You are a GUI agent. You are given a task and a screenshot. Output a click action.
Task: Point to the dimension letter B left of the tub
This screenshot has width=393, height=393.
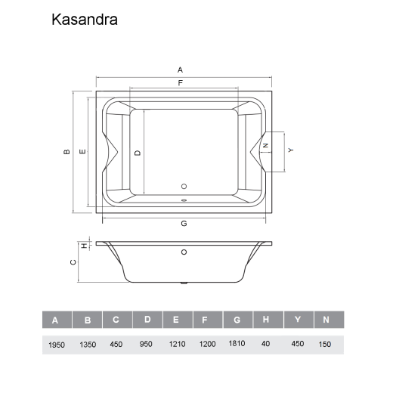pyautogui.click(x=67, y=151)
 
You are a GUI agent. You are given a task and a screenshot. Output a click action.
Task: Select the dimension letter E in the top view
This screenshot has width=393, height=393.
pyautogui.click(x=82, y=151)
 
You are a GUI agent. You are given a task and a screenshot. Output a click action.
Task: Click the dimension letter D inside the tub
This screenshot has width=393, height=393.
pyautogui.click(x=137, y=152)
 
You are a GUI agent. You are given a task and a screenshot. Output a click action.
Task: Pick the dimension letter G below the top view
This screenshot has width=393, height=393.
pyautogui.click(x=184, y=224)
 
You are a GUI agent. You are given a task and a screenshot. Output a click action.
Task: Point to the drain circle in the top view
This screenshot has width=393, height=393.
pyautogui.click(x=184, y=185)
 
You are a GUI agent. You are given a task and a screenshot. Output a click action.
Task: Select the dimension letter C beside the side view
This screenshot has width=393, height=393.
pyautogui.click(x=72, y=262)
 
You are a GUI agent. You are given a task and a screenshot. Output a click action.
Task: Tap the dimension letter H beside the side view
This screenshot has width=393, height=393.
pyautogui.click(x=82, y=246)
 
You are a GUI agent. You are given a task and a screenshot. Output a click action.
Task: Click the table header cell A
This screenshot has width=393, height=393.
pyautogui.click(x=55, y=320)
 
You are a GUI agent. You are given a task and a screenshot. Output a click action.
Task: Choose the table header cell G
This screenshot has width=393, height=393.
pyautogui.click(x=237, y=320)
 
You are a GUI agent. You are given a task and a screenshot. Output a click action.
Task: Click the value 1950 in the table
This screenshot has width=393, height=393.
pyautogui.click(x=55, y=344)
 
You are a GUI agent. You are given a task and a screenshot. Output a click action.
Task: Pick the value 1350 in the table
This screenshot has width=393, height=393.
pyautogui.click(x=88, y=344)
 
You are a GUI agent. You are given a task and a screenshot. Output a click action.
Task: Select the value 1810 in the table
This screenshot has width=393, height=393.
pyautogui.click(x=237, y=343)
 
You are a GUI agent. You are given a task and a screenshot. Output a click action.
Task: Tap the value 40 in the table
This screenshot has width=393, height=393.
pyautogui.click(x=266, y=344)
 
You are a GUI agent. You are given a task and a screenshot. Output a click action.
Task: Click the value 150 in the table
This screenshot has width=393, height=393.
pyautogui.click(x=326, y=344)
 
